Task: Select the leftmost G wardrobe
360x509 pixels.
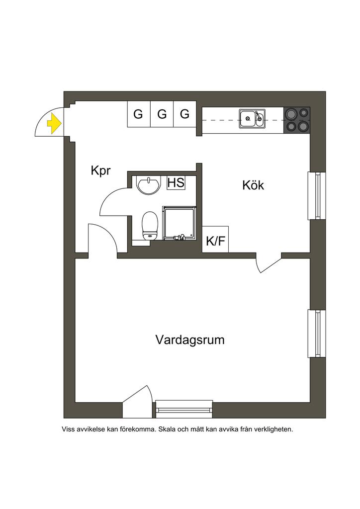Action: point(138,114)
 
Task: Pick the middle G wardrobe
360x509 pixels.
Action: point(162,114)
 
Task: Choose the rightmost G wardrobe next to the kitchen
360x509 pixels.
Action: point(184,114)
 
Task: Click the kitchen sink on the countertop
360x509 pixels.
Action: point(252,119)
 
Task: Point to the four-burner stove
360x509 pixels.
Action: point(296,120)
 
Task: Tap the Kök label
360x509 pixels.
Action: point(253,186)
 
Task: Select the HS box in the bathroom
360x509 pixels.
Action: point(176,182)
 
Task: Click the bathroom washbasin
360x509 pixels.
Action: point(148,185)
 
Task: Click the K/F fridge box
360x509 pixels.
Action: point(215,242)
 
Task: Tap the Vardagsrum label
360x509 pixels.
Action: point(189,340)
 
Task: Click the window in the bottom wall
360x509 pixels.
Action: point(184,409)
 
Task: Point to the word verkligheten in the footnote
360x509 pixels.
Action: point(273,428)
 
